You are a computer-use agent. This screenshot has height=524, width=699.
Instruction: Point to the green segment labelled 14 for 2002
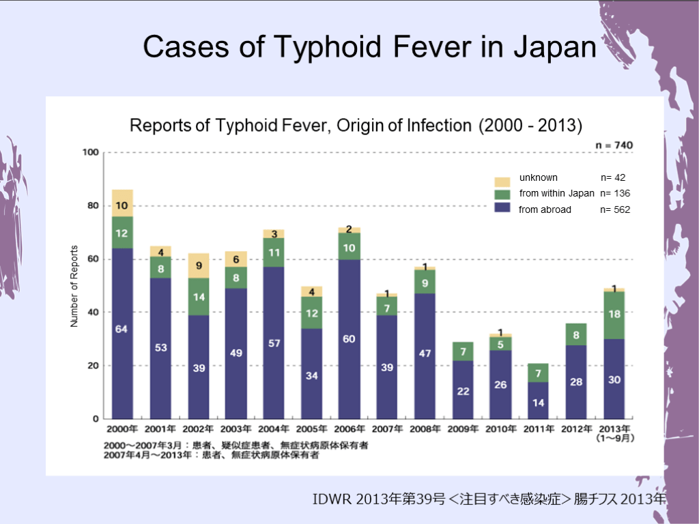click(199, 297)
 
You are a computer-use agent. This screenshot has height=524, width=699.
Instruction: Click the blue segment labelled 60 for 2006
click(349, 338)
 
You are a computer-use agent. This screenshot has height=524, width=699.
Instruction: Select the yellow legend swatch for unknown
click(502, 181)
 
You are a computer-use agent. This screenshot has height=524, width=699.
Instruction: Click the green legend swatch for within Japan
click(502, 195)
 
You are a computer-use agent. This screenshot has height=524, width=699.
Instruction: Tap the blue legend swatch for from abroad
click(502, 209)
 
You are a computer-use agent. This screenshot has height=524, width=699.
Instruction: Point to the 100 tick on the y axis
click(91, 152)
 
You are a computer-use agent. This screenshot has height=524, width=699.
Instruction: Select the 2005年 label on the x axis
click(312, 429)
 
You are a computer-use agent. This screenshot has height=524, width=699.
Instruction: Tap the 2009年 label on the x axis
click(463, 429)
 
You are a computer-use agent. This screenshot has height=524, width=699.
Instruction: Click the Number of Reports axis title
click(74, 286)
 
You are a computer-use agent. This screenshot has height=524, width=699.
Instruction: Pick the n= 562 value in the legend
click(615, 210)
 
